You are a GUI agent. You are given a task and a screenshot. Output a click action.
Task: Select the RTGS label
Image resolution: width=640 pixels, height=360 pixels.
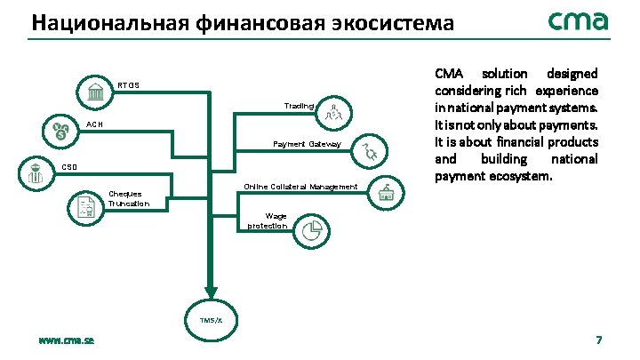click(129, 85)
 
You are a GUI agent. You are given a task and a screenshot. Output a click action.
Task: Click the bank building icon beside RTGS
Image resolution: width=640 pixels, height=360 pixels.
click(93, 92)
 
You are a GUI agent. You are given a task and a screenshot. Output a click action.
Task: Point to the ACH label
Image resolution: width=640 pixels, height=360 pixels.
click(94, 124)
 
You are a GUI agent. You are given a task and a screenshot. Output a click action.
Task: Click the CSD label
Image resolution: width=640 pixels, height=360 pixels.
click(69, 166)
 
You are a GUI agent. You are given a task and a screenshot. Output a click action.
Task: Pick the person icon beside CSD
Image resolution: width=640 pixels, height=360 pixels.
click(35, 172)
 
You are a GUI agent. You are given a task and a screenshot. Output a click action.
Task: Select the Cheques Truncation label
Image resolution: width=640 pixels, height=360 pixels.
click(128, 198)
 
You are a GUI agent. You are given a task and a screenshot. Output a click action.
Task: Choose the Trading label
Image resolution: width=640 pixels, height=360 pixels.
click(299, 106)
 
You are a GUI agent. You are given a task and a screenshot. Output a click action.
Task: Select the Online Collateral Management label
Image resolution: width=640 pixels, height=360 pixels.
click(300, 187)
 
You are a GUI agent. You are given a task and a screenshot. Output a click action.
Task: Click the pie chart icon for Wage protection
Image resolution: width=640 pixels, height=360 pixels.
click(310, 231)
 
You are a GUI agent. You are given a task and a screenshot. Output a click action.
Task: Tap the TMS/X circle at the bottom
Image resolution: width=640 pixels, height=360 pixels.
click(211, 318)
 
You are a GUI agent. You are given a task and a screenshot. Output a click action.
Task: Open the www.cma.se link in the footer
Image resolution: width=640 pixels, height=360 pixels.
click(67, 340)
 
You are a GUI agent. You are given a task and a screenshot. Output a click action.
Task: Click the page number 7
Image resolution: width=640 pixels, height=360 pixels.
click(598, 340)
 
